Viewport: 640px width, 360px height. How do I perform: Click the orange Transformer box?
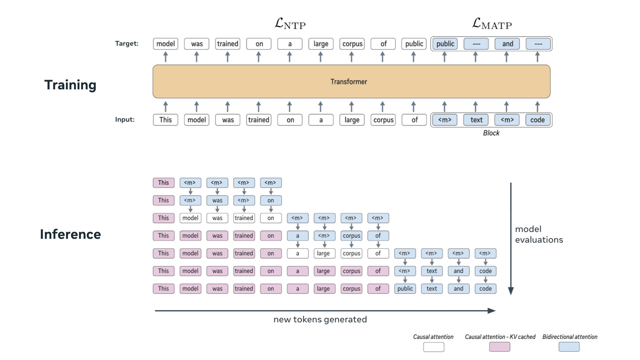click(x=351, y=82)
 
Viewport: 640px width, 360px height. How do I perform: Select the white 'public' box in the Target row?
click(x=414, y=44)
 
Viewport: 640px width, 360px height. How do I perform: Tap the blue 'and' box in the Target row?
click(x=507, y=44)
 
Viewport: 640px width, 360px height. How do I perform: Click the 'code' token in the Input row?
click(x=537, y=120)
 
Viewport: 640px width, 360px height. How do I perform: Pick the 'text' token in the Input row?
click(x=476, y=120)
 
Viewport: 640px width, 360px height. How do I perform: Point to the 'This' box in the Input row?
click(x=165, y=120)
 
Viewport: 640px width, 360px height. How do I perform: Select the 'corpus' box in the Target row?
click(x=352, y=44)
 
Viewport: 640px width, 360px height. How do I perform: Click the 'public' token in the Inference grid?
click(x=405, y=289)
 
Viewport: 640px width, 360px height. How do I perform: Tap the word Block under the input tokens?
click(x=491, y=133)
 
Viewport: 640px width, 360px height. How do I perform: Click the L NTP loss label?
click(x=290, y=24)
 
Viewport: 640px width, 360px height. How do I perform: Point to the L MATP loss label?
click(x=492, y=24)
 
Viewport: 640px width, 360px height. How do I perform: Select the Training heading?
click(x=70, y=85)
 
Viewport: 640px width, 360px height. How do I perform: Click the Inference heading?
click(x=70, y=234)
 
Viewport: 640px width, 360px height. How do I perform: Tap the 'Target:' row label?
click(x=127, y=44)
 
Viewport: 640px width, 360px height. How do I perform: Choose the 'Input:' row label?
click(x=125, y=120)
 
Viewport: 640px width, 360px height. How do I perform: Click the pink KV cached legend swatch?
click(x=499, y=347)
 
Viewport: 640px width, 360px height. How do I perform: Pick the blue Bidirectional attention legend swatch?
click(x=569, y=347)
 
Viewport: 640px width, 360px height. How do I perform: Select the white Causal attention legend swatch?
click(x=434, y=347)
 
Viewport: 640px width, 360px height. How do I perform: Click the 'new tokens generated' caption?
click(x=320, y=320)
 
